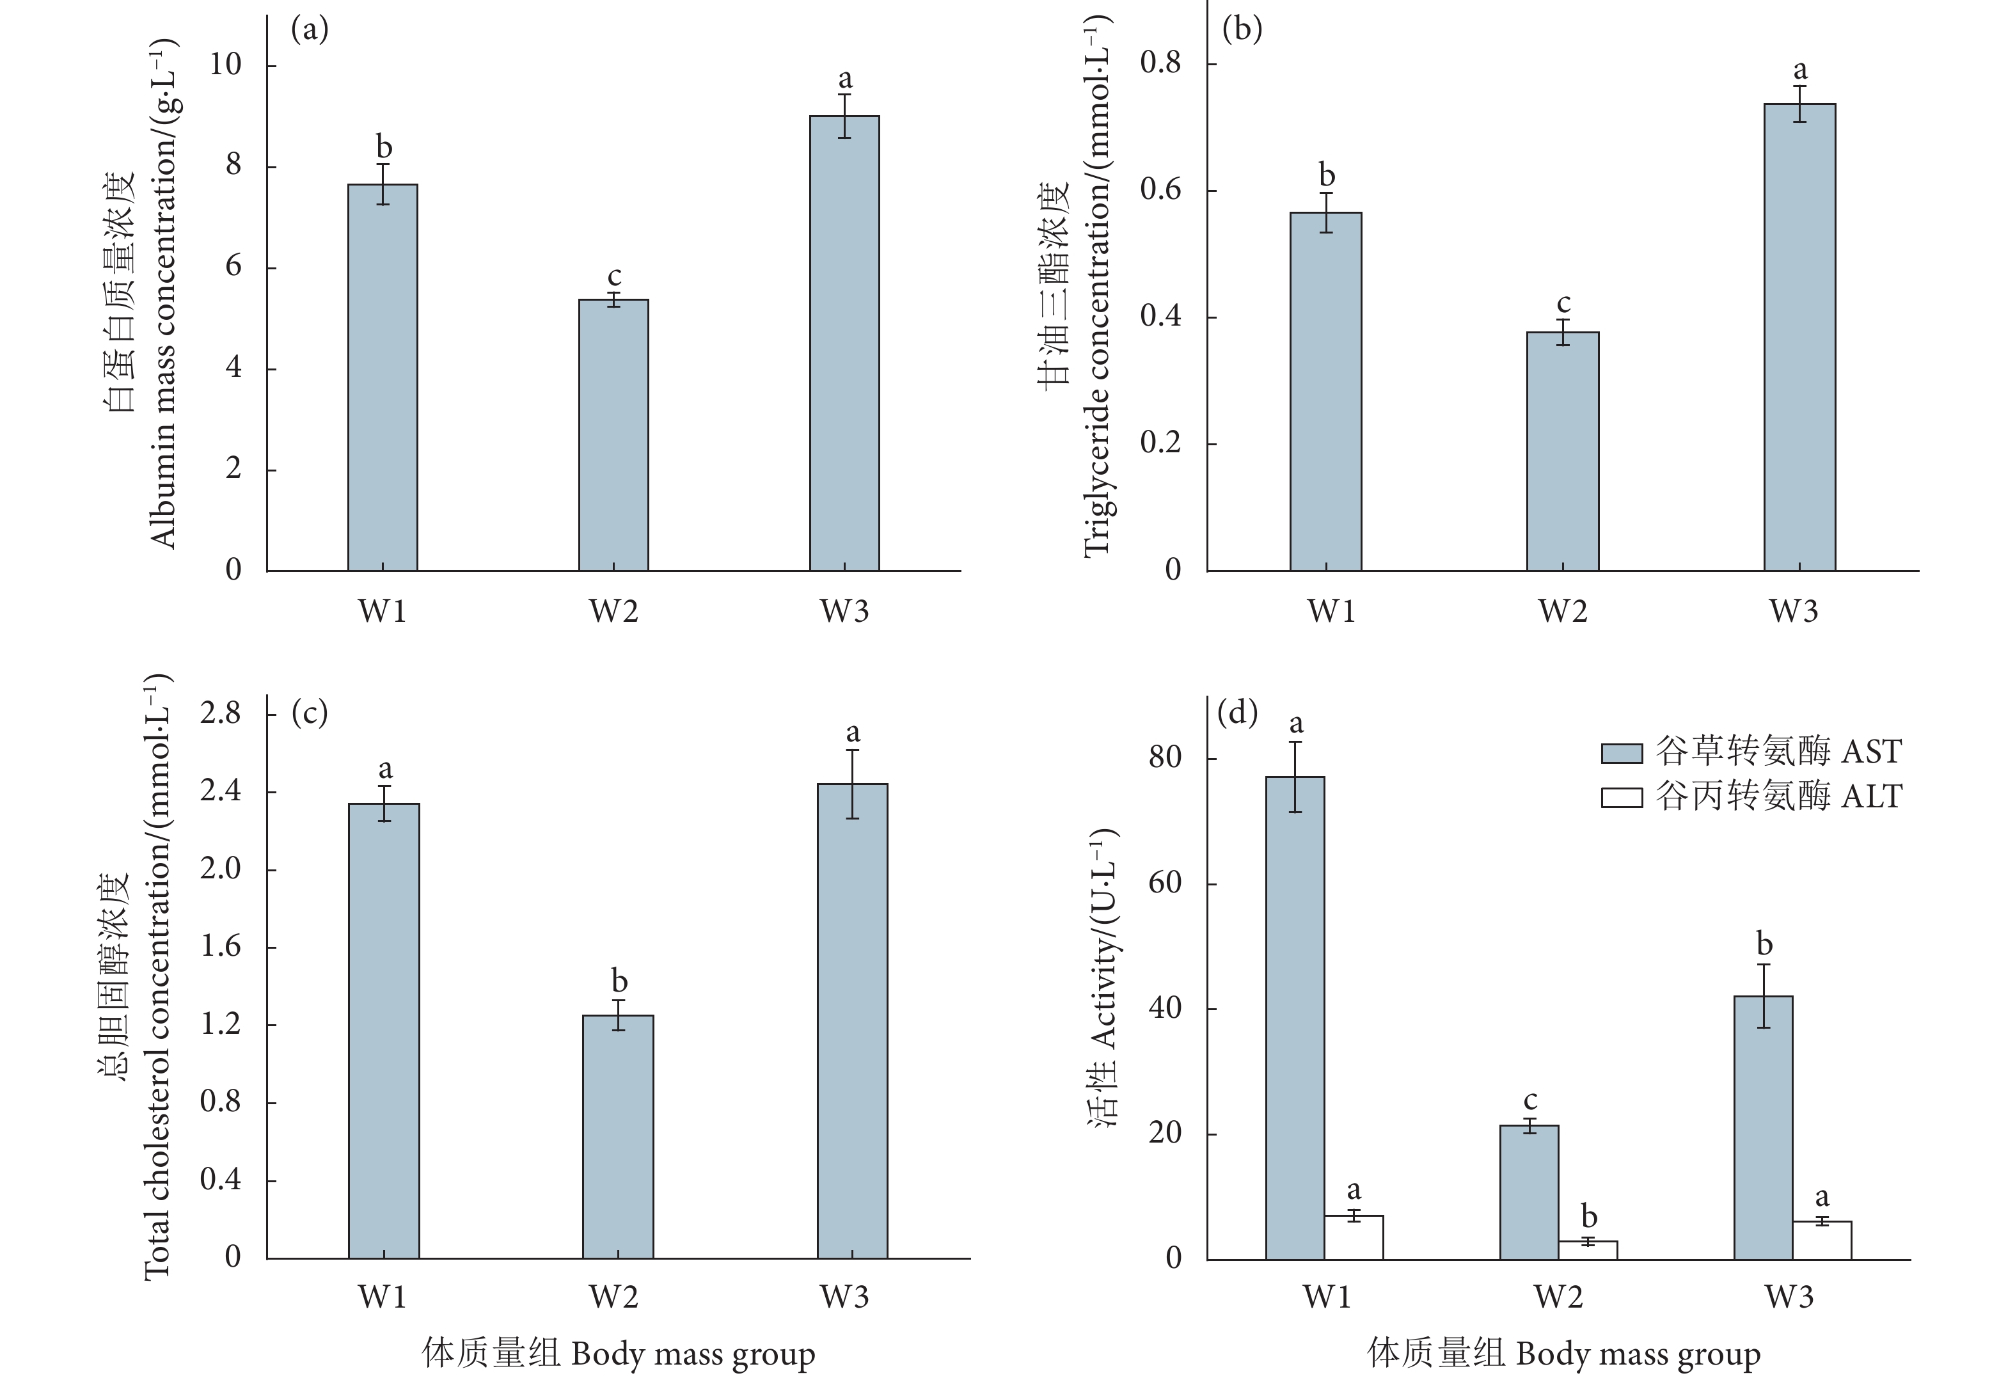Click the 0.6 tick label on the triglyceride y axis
1160,190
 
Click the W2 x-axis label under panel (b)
1562,612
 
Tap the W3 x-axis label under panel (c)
844,1297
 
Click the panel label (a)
310,30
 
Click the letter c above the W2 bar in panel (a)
614,276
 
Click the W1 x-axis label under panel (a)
383,612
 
